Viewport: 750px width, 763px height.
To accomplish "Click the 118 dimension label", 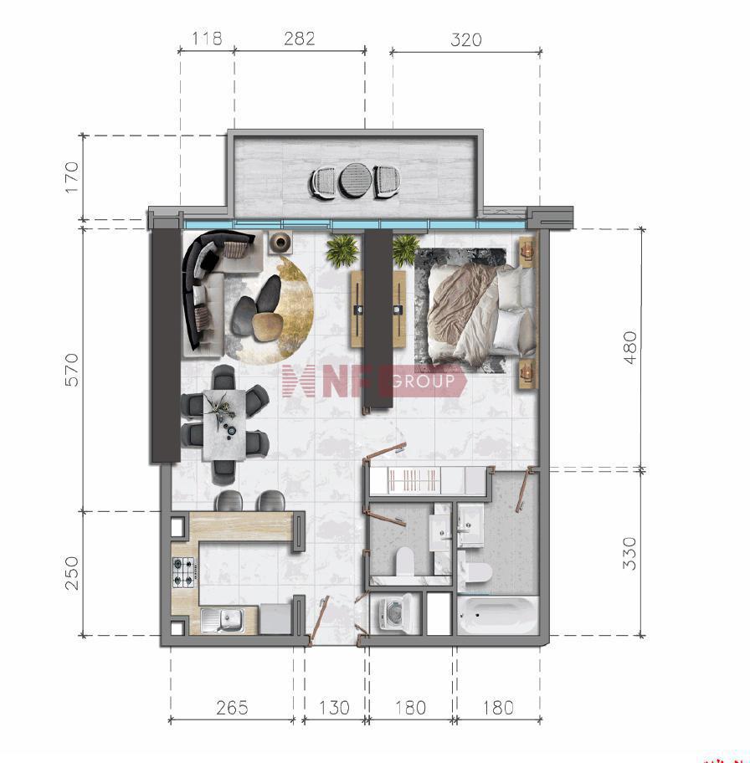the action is pyautogui.click(x=207, y=38).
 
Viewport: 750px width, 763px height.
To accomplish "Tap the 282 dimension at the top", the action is pyautogui.click(x=300, y=38).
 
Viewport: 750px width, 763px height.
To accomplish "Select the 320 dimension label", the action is pyautogui.click(x=466, y=39).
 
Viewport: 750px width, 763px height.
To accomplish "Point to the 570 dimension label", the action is pyautogui.click(x=72, y=370).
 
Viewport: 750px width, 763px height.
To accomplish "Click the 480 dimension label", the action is pyautogui.click(x=629, y=347).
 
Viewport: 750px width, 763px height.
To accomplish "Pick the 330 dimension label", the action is pyautogui.click(x=629, y=553).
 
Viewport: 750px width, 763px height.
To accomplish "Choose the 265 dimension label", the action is pyautogui.click(x=233, y=708).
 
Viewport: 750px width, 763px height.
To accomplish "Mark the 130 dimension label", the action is pyautogui.click(x=334, y=708).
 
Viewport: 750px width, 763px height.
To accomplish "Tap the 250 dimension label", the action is pyautogui.click(x=72, y=573).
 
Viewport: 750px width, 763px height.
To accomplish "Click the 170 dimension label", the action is pyautogui.click(x=71, y=177).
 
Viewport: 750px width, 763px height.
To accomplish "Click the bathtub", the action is pyautogui.click(x=498, y=615).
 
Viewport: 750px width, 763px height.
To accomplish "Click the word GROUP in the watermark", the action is pyautogui.click(x=423, y=381).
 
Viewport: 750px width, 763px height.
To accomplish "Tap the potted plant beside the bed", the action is pyautogui.click(x=405, y=249).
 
